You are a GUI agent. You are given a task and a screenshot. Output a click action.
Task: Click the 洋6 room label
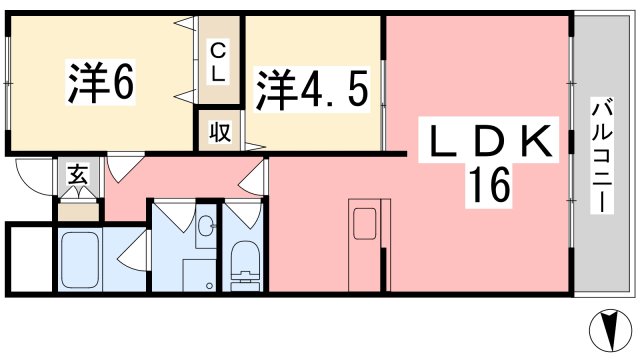(100, 84)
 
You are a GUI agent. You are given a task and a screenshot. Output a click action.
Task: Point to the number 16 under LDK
(487, 184)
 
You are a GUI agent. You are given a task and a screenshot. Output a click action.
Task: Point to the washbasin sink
(205, 228)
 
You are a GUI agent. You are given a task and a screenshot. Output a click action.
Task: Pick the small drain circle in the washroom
(209, 286)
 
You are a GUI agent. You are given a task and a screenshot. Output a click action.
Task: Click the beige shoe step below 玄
(77, 209)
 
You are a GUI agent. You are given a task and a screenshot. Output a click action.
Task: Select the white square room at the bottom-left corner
(28, 259)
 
